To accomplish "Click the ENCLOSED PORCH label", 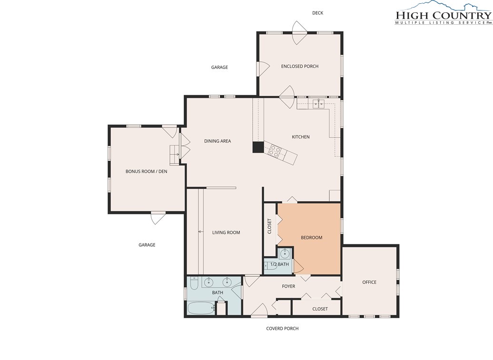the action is tap(300, 66).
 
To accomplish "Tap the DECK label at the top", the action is tap(317, 13).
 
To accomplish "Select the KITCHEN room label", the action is tap(301, 136).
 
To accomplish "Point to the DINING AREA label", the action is tap(217, 141).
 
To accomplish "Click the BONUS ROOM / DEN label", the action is tap(146, 172).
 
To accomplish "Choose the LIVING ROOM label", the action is tap(226, 233).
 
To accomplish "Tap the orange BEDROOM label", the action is tap(312, 237).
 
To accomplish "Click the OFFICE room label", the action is tap(369, 282).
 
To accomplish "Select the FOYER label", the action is tap(288, 286).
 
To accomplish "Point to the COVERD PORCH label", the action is tap(282, 328).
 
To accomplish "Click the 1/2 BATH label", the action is tap(279, 264).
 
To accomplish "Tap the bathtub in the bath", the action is tap(201, 308).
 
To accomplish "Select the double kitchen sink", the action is tap(318, 103).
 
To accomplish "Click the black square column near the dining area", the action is tap(258, 147).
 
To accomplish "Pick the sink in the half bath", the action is tap(285, 253).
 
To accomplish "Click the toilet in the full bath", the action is tap(193, 283).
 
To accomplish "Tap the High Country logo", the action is tap(444, 12).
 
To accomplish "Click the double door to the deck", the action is tap(300, 33).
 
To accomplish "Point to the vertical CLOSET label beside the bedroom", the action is tap(269, 226).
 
